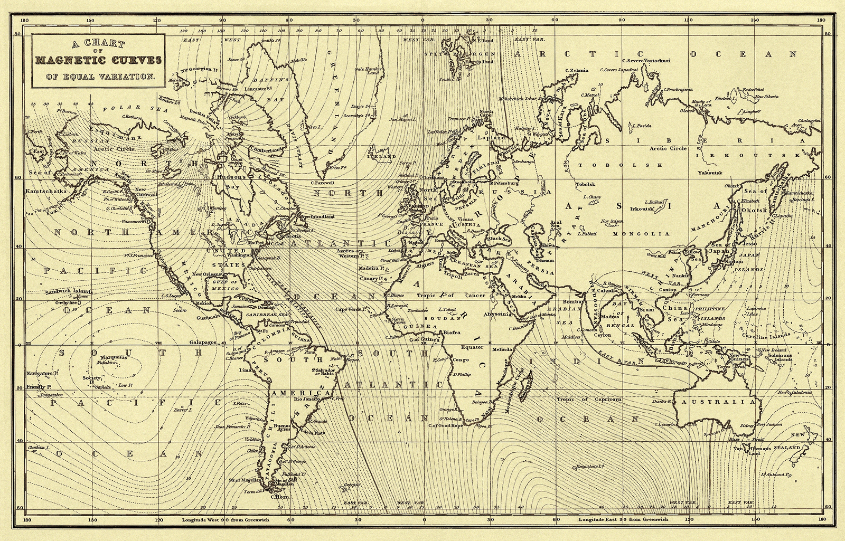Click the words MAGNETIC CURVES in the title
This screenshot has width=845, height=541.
tap(99, 59)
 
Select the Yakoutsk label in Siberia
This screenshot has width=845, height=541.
tap(709, 173)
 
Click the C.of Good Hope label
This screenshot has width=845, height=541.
tap(445, 425)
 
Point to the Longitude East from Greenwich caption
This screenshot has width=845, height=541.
tap(623, 520)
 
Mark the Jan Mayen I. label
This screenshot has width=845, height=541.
tap(401, 119)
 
